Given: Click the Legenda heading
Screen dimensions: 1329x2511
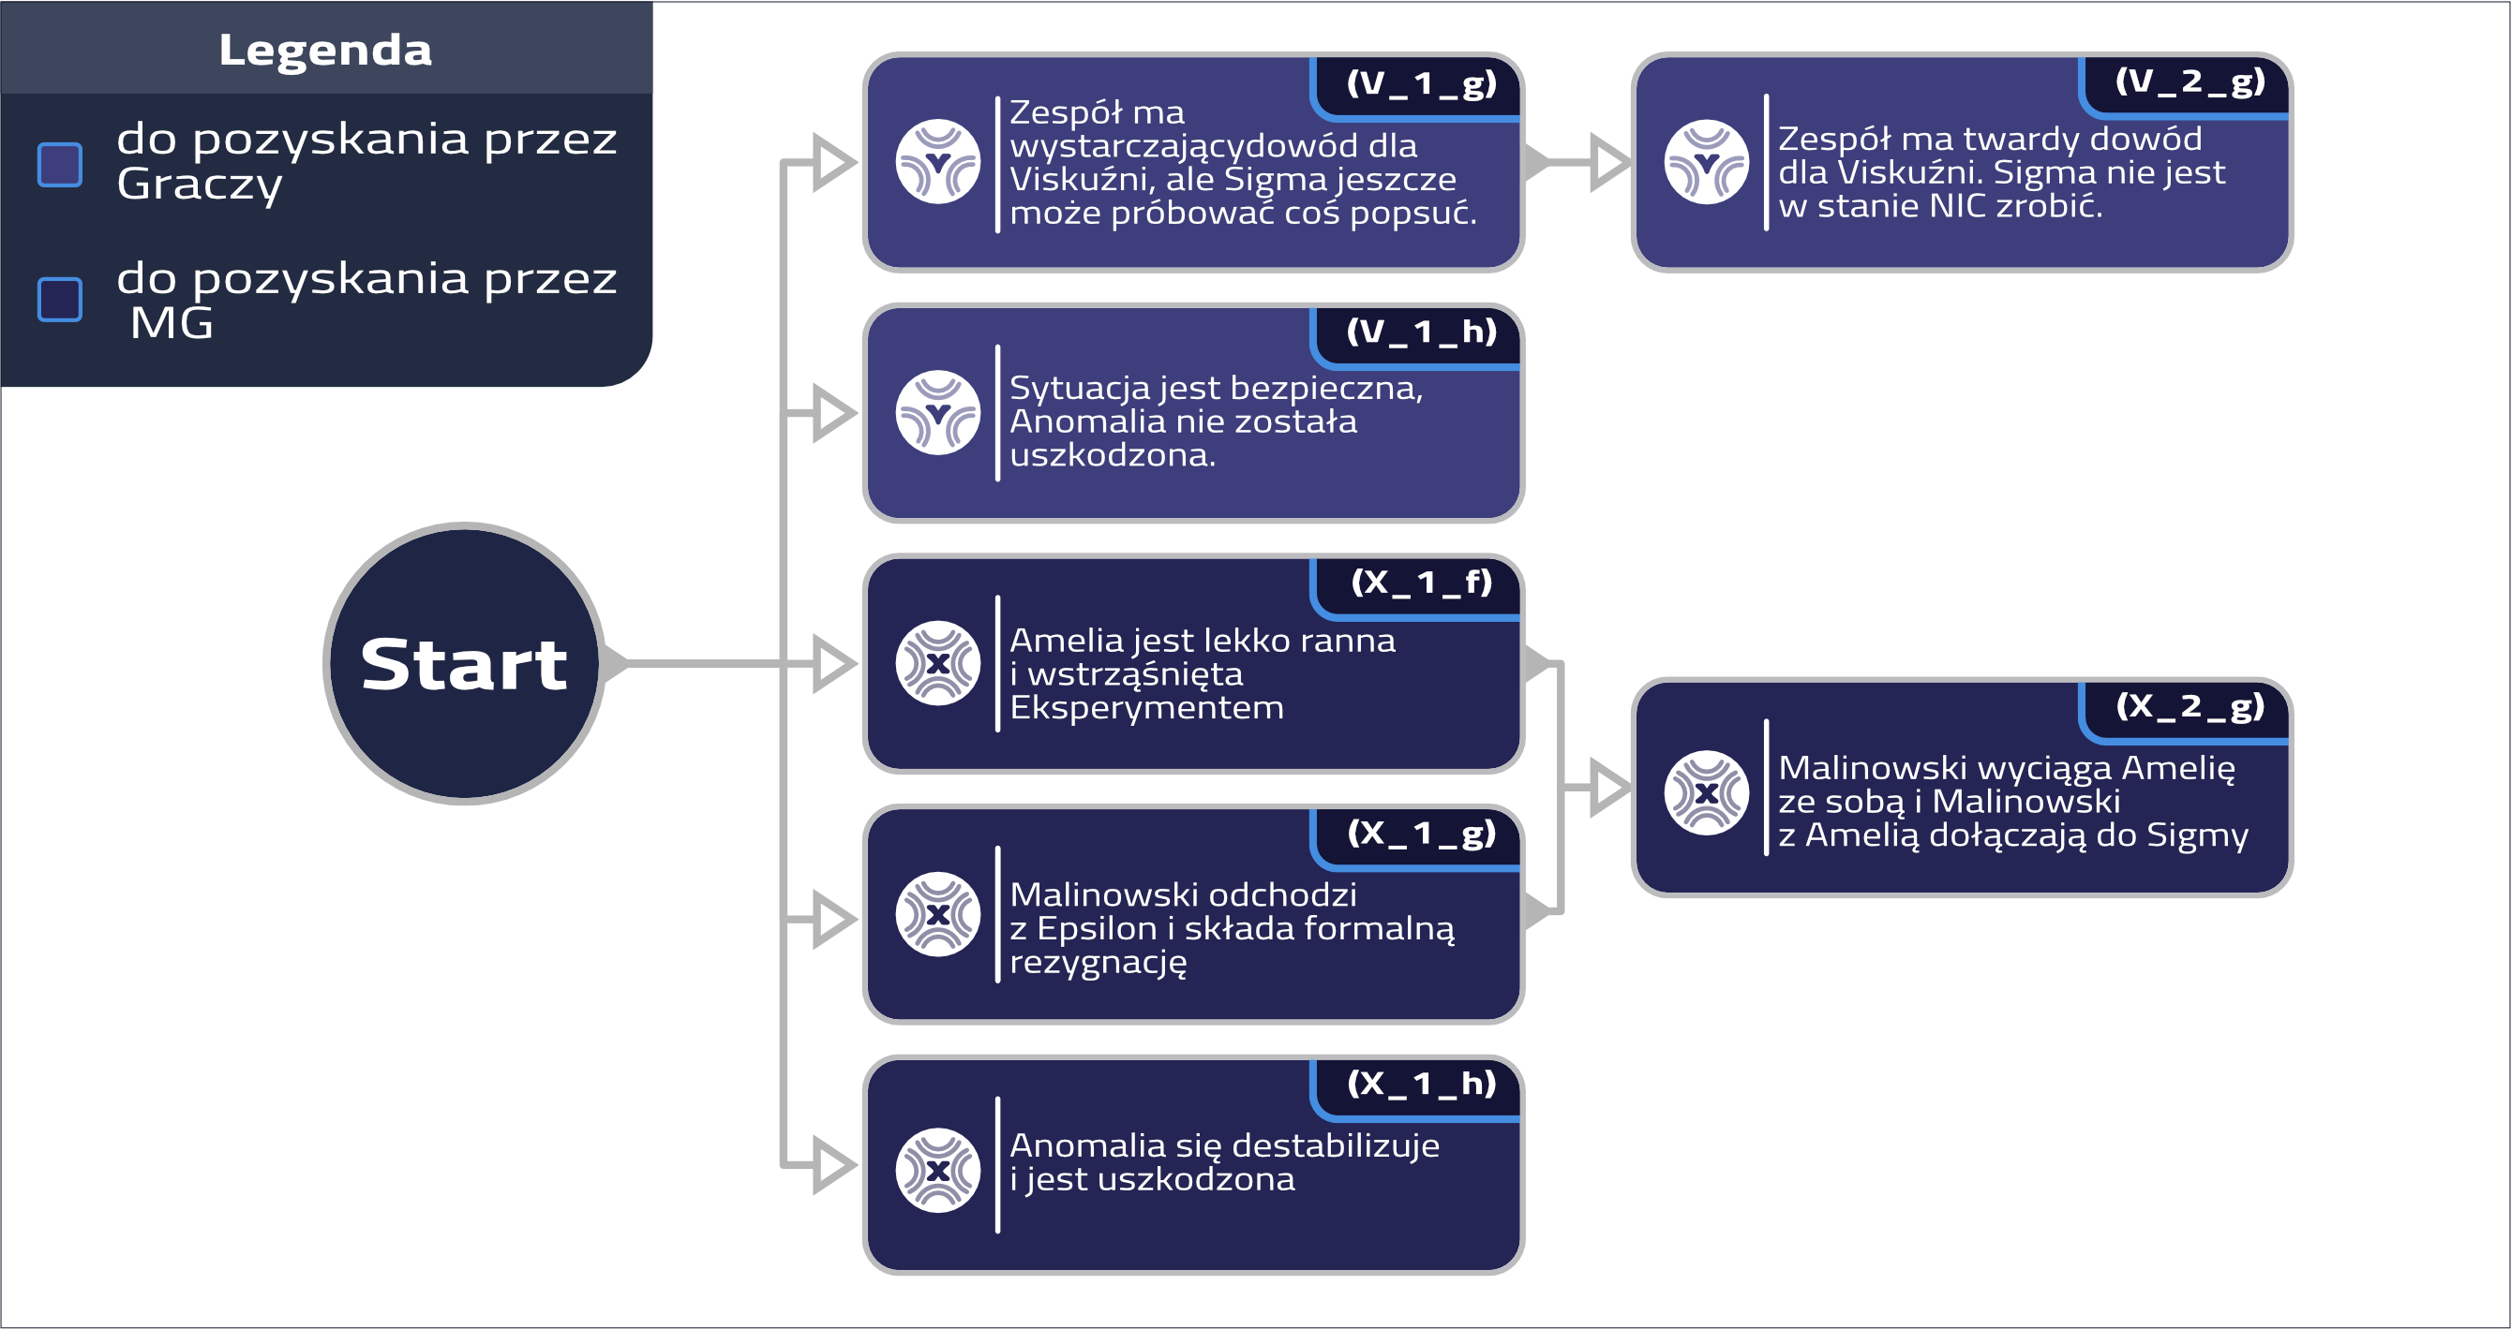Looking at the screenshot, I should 324,50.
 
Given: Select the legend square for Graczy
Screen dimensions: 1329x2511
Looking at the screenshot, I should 59,164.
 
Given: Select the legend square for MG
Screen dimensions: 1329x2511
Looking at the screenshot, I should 59,299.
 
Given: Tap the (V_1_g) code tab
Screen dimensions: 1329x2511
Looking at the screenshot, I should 1420,83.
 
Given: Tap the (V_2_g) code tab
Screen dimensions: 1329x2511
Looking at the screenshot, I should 2189,81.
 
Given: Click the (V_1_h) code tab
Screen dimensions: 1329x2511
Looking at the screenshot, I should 1420,333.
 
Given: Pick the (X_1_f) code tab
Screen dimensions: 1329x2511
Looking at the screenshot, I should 1420,583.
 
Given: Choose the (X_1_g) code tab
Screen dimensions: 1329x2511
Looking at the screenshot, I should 1420,834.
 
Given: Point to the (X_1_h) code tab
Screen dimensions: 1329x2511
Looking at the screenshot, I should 1420,1085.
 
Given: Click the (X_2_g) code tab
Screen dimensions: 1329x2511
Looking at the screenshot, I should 2189,707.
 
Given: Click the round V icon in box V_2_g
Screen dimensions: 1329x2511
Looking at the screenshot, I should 1706,162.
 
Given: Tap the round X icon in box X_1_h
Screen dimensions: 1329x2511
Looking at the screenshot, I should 937,1170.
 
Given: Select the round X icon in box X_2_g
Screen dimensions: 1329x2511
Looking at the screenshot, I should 1706,792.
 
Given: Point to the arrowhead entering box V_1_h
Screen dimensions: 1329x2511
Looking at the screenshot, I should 833,413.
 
